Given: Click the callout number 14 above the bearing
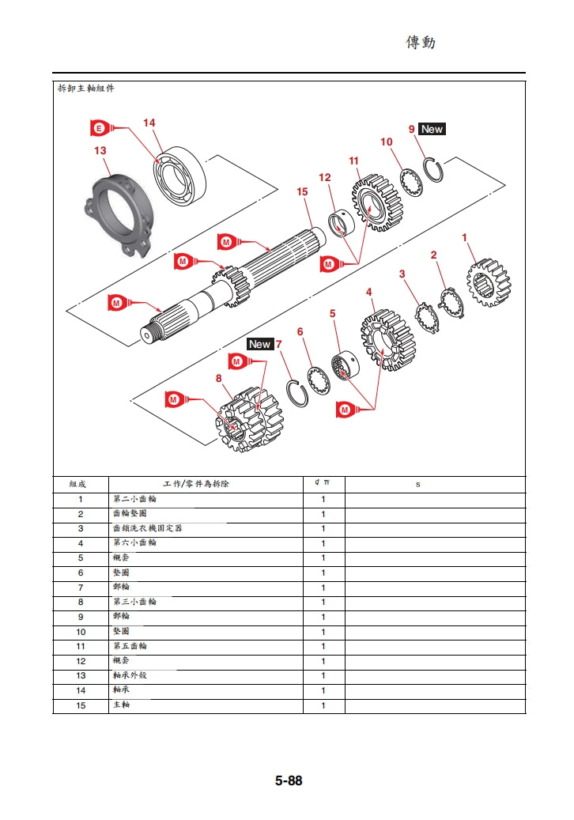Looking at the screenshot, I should tap(149, 123).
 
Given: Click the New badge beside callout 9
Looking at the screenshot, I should tap(432, 129).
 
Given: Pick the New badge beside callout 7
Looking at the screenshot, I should tap(259, 344).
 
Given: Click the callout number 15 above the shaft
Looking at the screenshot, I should tap(302, 192).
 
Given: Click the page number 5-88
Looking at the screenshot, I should tap(289, 780).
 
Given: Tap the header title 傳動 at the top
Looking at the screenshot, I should tap(421, 42).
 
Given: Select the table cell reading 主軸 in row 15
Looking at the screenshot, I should tap(122, 705).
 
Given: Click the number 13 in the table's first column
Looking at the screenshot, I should tap(81, 675).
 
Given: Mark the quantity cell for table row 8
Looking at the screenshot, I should tap(323, 602).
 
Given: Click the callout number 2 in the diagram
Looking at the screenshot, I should tap(433, 255).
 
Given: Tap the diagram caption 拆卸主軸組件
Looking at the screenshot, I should tap(86, 89).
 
